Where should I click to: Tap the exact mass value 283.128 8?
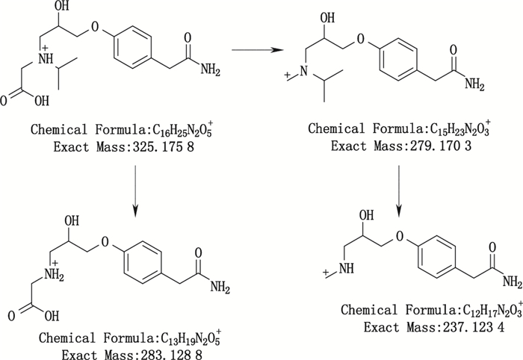pyautogui.click(x=155, y=350)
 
